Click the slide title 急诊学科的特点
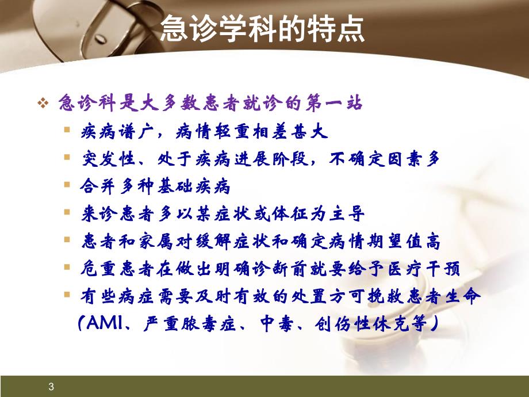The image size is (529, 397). (262, 29)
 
